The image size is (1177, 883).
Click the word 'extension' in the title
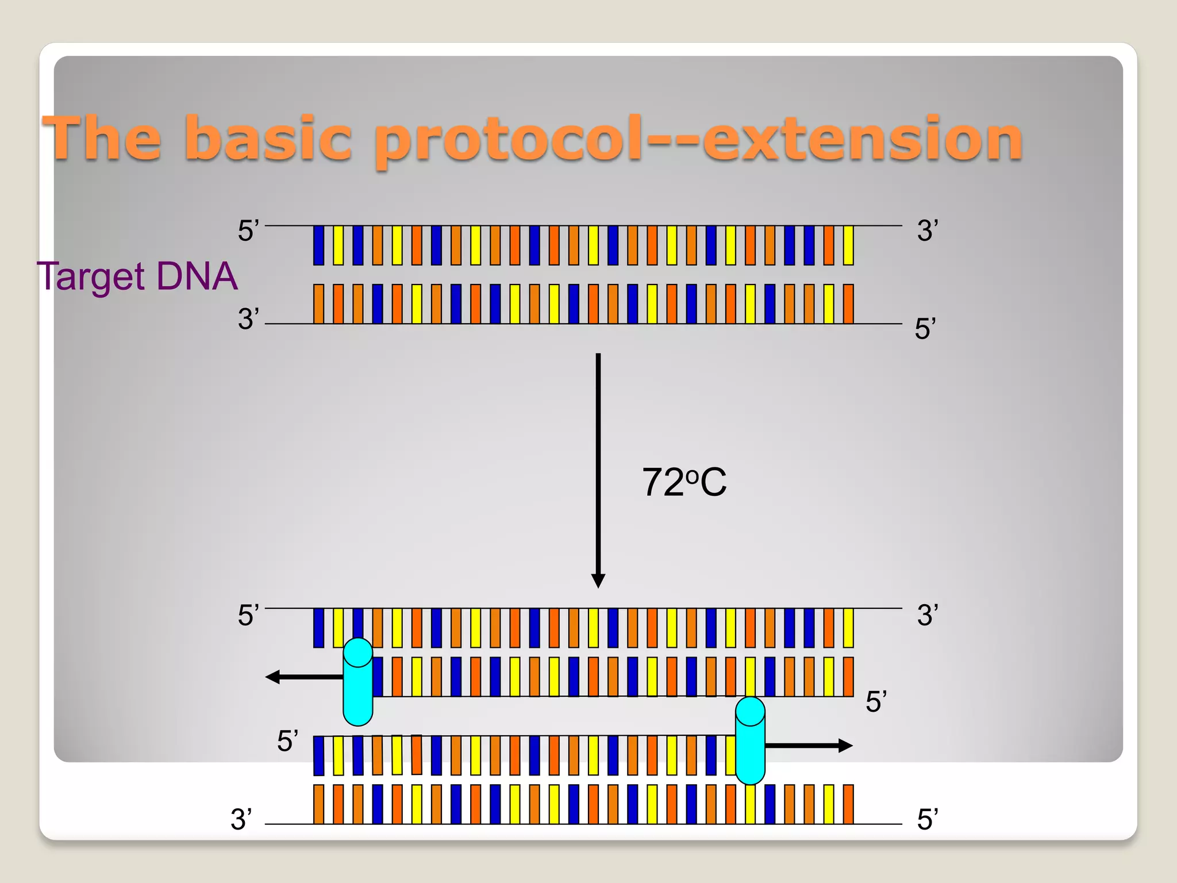pos(862,139)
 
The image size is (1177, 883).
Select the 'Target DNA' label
pos(137,277)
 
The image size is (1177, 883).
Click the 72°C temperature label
pos(684,482)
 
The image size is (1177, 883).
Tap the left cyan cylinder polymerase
pos(357,682)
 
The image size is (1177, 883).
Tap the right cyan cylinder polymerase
pos(750,740)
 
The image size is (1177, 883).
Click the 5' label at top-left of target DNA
pos(248,231)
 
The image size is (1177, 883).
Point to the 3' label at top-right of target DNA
pos(928,231)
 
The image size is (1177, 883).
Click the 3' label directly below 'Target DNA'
pos(248,319)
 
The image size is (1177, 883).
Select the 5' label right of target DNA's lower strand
pos(925,329)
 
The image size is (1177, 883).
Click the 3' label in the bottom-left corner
pos(241,820)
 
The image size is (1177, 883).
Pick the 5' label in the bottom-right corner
pos(928,820)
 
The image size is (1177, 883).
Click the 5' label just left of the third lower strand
pos(287,742)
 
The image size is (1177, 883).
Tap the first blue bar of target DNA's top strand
pos(318,245)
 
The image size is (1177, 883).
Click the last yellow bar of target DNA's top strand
pos(848,245)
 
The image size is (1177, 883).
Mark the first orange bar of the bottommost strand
pos(318,804)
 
